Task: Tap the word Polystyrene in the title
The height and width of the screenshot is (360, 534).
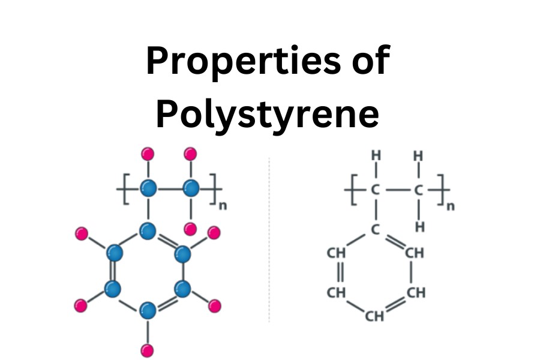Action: (267, 115)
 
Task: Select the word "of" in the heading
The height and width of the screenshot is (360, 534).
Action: (368, 61)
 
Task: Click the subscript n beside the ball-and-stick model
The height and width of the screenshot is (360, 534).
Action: (223, 206)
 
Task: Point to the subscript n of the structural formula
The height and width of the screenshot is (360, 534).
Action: (451, 206)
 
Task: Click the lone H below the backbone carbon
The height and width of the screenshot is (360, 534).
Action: (419, 227)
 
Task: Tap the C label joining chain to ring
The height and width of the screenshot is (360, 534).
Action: (376, 229)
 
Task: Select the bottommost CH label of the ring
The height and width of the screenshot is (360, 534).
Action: (374, 316)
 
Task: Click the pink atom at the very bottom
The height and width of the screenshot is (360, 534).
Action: (147, 350)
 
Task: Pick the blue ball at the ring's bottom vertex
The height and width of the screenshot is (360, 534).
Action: (147, 311)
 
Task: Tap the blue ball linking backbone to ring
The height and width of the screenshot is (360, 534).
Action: (148, 230)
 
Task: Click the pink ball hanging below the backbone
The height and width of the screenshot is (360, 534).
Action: (190, 229)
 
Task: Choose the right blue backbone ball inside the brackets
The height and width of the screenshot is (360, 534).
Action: (191, 189)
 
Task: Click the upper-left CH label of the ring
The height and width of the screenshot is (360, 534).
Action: (336, 253)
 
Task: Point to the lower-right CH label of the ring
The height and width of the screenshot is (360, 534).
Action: (415, 293)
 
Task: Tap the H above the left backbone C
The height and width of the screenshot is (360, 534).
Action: (376, 155)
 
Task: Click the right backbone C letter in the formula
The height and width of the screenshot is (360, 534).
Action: (419, 191)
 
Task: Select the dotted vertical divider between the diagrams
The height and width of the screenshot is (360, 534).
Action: (269, 240)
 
